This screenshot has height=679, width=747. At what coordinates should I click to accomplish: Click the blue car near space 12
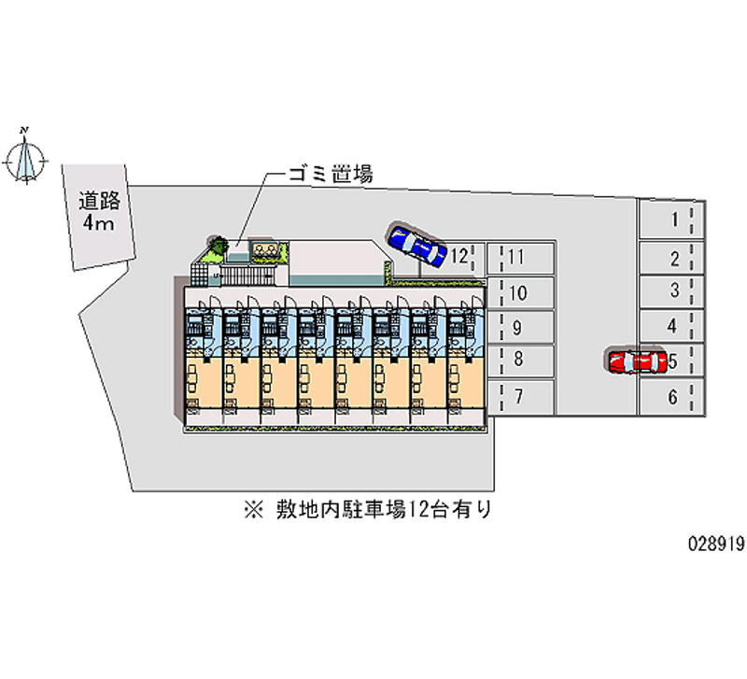pyautogui.click(x=417, y=244)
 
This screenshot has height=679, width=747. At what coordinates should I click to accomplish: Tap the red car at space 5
pyautogui.click(x=636, y=361)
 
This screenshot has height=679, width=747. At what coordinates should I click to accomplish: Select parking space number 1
pyautogui.click(x=671, y=219)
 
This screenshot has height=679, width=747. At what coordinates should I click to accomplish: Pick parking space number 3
pyautogui.click(x=671, y=291)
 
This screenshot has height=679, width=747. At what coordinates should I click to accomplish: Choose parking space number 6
pyautogui.click(x=671, y=397)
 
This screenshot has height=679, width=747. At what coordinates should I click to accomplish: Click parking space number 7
pyautogui.click(x=520, y=397)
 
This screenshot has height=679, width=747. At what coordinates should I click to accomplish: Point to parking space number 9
pyautogui.click(x=520, y=327)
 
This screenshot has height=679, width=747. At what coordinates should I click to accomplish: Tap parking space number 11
pyautogui.click(x=520, y=258)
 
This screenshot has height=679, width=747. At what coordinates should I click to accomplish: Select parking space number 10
pyautogui.click(x=520, y=292)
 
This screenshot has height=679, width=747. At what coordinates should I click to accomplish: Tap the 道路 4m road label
pyautogui.click(x=99, y=211)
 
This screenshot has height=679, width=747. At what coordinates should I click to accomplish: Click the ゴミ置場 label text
pyautogui.click(x=331, y=174)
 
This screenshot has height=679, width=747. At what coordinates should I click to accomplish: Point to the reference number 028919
pyautogui.click(x=715, y=544)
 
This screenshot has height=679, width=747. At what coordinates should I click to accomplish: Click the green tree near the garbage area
pyautogui.click(x=218, y=246)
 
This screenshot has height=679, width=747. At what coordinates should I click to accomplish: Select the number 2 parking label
pyautogui.click(x=674, y=259)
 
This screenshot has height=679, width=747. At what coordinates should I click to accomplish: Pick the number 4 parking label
pyautogui.click(x=671, y=326)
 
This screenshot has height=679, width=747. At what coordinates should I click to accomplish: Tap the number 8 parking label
pyautogui.click(x=518, y=359)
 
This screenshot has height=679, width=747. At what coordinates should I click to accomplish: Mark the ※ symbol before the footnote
pyautogui.click(x=253, y=510)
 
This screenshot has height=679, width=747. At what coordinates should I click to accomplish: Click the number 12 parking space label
pyautogui.click(x=459, y=256)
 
